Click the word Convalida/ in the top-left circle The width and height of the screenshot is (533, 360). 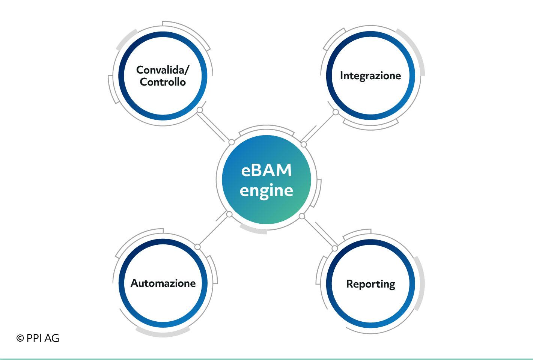click(x=163, y=70)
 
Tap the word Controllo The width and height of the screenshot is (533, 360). click(x=163, y=82)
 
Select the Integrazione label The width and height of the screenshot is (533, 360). click(x=370, y=76)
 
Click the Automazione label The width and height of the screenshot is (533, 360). click(x=163, y=283)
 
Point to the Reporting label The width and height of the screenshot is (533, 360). click(x=371, y=284)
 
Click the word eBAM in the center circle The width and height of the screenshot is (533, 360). click(x=266, y=170)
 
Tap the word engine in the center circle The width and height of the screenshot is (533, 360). click(x=266, y=191)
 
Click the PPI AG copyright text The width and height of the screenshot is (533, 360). click(x=38, y=338)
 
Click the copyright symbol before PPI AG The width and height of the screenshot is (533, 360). click(x=20, y=338)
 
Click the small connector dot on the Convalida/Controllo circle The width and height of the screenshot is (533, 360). click(x=200, y=110)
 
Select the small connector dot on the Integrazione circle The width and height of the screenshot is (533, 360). click(x=336, y=112)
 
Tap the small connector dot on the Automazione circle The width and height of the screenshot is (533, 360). click(x=197, y=247)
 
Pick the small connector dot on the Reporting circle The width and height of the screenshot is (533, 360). click(x=334, y=249)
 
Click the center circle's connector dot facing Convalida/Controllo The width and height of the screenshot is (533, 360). click(x=232, y=142)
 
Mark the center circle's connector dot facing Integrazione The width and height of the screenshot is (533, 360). click(x=304, y=144)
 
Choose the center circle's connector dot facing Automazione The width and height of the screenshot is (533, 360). click(x=229, y=214)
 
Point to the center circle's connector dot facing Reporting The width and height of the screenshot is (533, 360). click(x=302, y=216)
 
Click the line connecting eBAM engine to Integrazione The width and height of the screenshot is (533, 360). click(x=319, y=128)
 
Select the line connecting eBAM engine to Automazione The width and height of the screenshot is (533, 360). click(x=214, y=231)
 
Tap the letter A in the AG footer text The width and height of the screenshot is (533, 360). click(x=48, y=338)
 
